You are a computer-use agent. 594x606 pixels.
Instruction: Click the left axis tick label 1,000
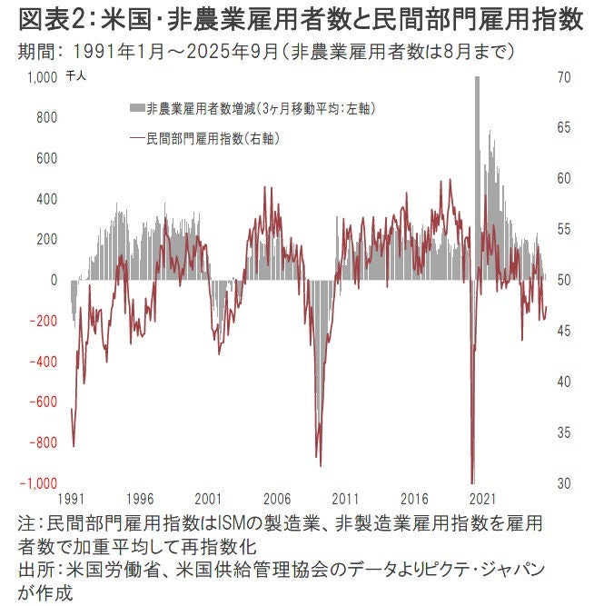tap(42, 79)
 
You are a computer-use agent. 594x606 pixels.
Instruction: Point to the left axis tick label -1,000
tap(39, 482)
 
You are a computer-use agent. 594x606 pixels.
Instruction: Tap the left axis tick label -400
tap(44, 361)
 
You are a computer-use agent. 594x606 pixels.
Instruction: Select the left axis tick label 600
tap(47, 159)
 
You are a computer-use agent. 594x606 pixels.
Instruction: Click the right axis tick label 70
tap(562, 78)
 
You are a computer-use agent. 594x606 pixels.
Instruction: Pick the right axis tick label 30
tap(562, 482)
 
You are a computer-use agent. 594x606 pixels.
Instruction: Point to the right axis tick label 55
tap(562, 230)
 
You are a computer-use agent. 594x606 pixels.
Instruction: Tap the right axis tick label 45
tap(562, 331)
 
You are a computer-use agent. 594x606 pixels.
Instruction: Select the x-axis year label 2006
tap(277, 498)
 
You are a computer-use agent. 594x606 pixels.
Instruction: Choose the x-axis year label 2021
tap(483, 498)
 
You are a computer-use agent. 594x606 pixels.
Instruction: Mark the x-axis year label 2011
tap(346, 498)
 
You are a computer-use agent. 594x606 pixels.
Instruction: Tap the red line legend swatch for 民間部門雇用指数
tap(138, 138)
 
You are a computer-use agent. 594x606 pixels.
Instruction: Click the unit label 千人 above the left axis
tap(77, 80)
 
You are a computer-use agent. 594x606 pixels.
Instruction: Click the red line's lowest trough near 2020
tap(473, 482)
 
